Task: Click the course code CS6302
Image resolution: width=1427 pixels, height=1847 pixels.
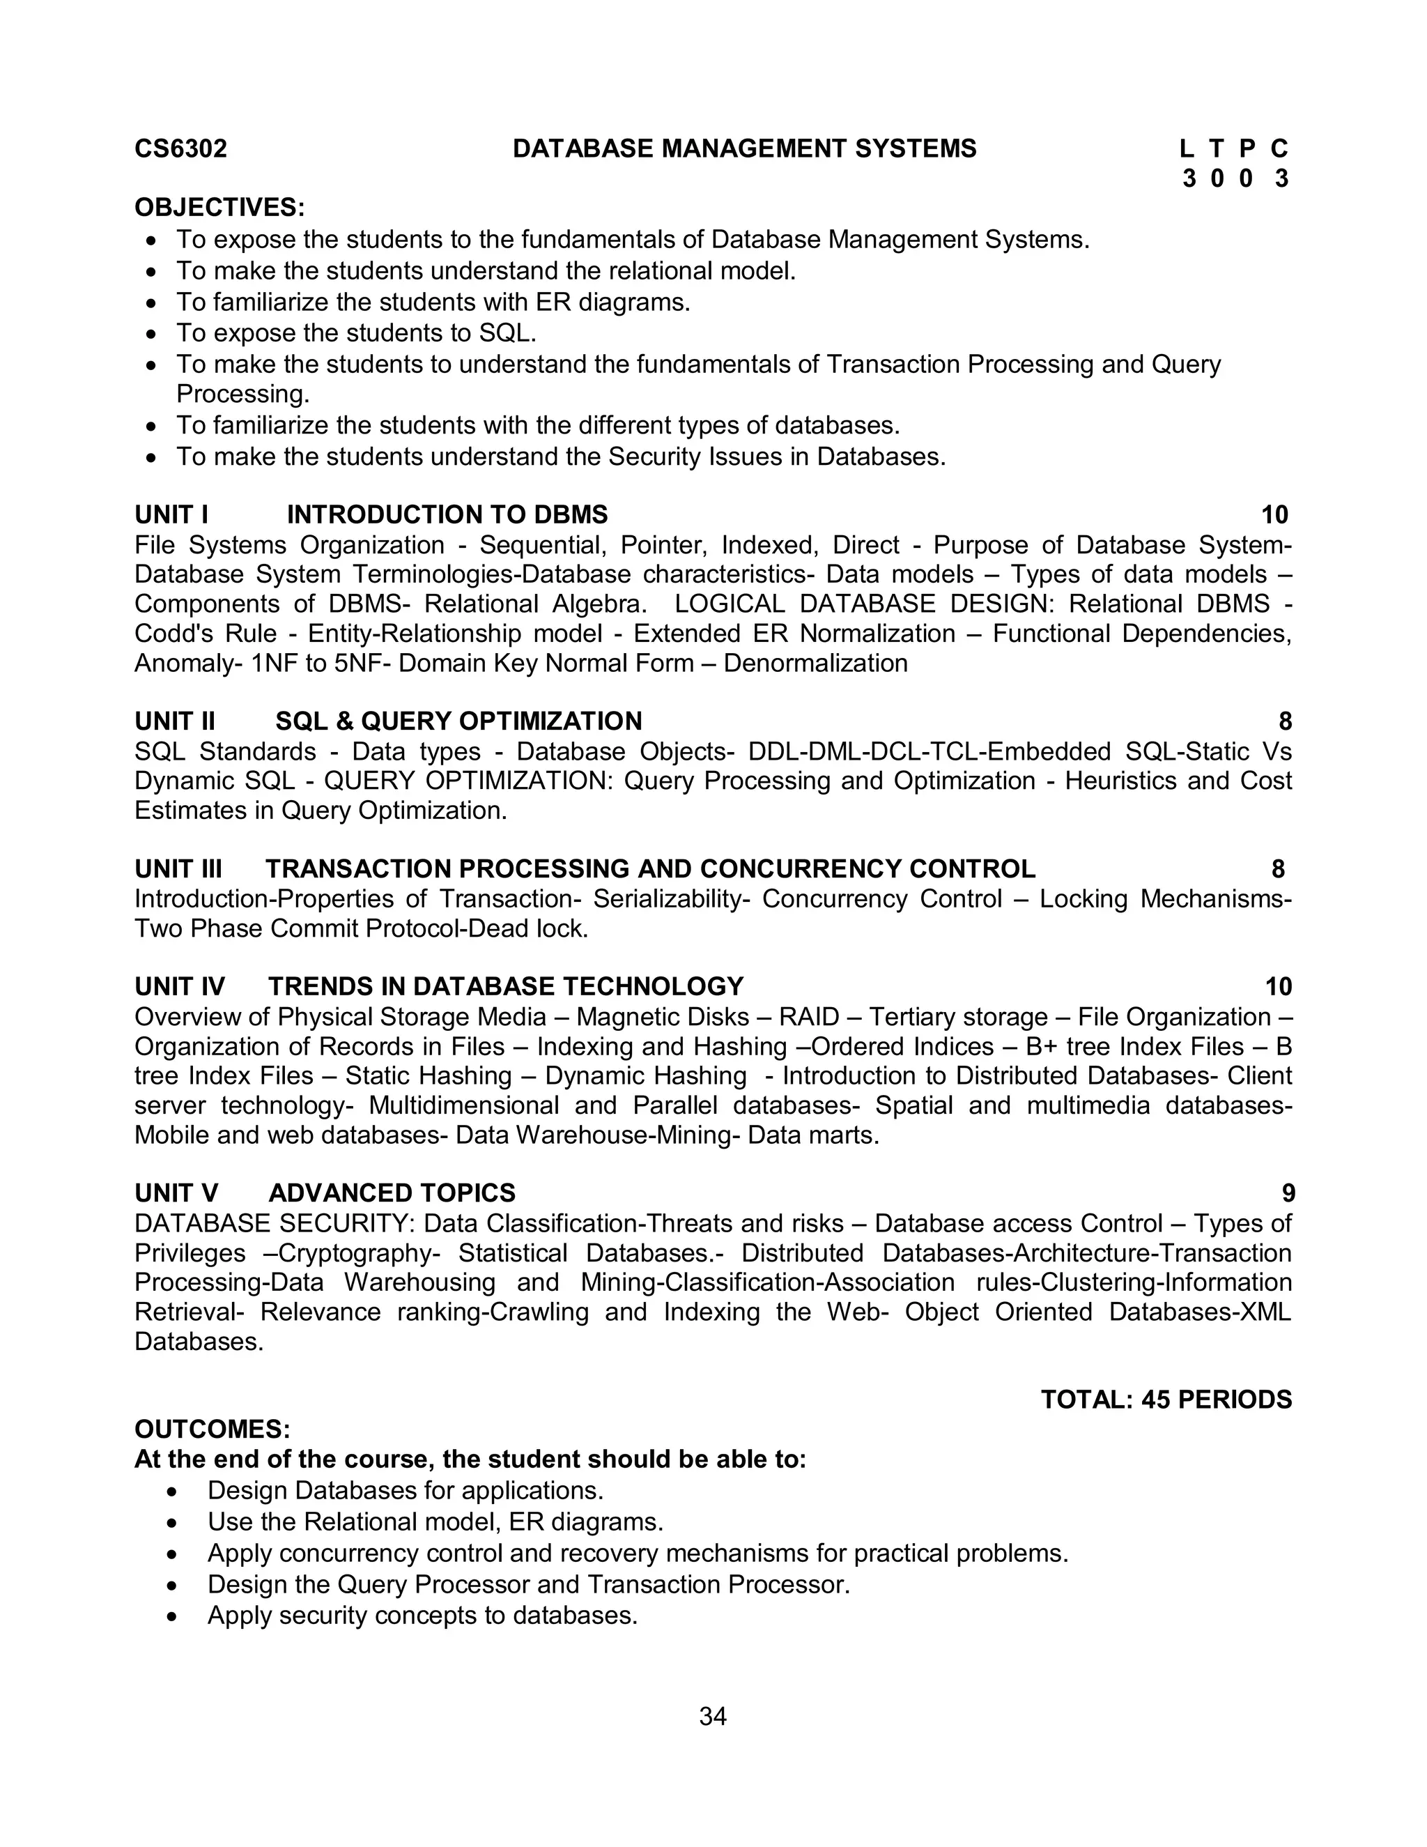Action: click(181, 149)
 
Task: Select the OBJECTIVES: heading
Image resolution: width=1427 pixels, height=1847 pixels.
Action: click(219, 207)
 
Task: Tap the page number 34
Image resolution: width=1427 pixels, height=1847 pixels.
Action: click(713, 1716)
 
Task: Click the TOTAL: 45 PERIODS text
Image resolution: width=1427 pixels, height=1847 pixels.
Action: click(1166, 1400)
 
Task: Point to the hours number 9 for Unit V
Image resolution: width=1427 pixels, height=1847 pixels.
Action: click(1288, 1193)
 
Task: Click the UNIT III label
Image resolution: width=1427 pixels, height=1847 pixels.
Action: click(178, 868)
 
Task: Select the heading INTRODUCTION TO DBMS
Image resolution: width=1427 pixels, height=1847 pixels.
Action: click(447, 514)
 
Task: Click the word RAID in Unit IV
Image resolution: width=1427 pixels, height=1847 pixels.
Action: click(809, 1016)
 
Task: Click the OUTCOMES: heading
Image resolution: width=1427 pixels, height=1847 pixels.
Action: click(213, 1430)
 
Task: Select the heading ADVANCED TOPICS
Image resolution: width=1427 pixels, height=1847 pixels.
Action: click(392, 1193)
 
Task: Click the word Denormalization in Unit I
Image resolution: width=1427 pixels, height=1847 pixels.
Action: click(815, 663)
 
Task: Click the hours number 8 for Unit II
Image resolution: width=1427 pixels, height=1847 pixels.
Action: click(1285, 721)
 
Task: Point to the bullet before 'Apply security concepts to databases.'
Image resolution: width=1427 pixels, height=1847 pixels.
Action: click(173, 1616)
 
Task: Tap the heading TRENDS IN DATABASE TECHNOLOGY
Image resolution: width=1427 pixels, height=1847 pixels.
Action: click(506, 986)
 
